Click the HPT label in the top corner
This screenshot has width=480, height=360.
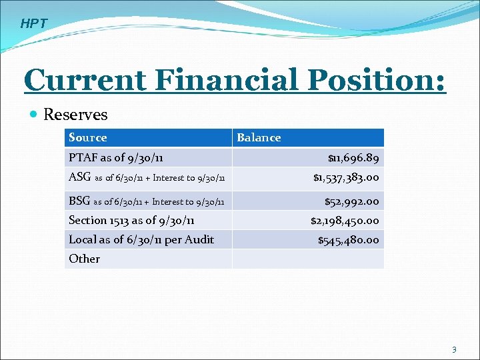click(x=34, y=24)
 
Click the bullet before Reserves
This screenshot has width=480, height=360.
click(x=34, y=115)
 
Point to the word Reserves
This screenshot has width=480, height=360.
click(x=75, y=115)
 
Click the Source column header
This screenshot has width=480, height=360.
click(x=87, y=138)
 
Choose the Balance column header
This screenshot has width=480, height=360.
click(x=259, y=138)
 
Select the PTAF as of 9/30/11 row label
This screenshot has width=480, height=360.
click(x=116, y=158)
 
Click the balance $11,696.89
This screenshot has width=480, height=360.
click(x=353, y=159)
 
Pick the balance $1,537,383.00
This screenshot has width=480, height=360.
click(x=346, y=178)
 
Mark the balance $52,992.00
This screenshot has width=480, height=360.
click(x=351, y=201)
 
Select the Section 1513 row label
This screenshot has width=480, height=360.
click(x=131, y=220)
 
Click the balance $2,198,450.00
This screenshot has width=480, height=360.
click(x=345, y=221)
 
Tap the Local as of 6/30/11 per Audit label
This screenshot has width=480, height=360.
click(x=141, y=239)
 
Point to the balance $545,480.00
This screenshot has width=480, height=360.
click(x=348, y=240)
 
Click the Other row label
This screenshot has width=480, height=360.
click(x=85, y=259)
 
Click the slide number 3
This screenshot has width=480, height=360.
click(x=454, y=349)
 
